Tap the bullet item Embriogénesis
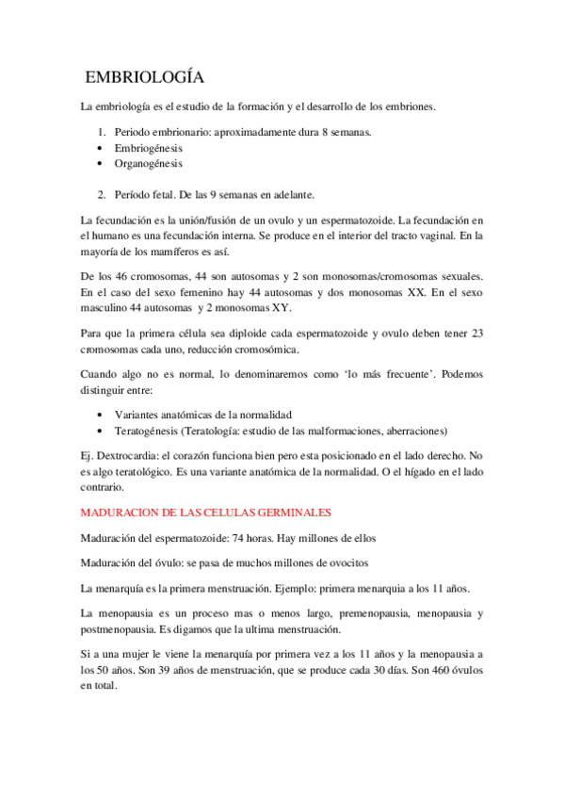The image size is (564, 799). coord(148,149)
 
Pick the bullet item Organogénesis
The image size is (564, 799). coord(149,164)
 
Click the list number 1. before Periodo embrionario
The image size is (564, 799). coord(104,133)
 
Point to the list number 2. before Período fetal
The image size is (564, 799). coord(104,195)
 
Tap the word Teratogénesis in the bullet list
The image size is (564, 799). coord(153,431)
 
